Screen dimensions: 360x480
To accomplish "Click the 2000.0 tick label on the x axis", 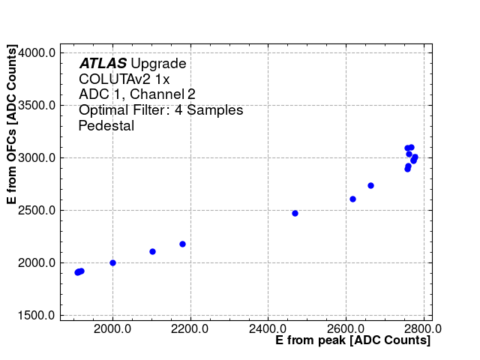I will pos(112,328).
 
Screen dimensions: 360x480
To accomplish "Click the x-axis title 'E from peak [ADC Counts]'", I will pos(353,341).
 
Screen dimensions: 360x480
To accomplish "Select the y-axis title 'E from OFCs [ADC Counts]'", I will pos(12,124).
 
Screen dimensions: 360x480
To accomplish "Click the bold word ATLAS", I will pos(103,64).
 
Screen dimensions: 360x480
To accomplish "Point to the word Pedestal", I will pos(106,126).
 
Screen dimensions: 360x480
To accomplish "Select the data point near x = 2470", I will pos(295,213).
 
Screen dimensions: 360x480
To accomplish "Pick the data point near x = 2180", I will pos(182,244).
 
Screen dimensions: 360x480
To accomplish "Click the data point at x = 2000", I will pos(112,262).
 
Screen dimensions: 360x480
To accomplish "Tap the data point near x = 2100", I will pos(152,251).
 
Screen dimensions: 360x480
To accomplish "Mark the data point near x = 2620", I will pos(352,199).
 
